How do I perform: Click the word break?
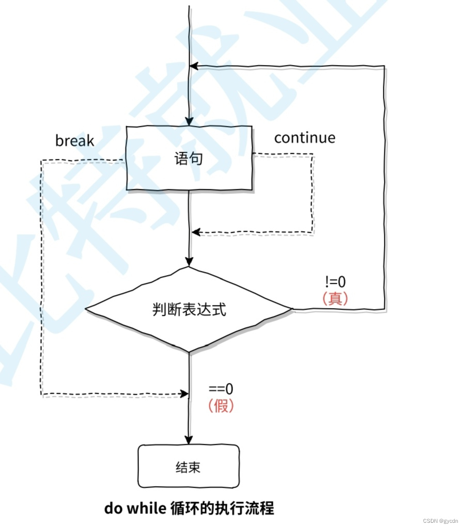(75, 140)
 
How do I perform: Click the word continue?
(304, 138)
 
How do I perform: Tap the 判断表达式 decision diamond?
(189, 310)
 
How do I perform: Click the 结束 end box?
(188, 467)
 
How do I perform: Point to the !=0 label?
(335, 282)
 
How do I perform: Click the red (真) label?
(335, 298)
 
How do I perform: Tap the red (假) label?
(221, 406)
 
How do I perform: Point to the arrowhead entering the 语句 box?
(190, 122)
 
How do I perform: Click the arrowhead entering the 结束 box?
(189, 440)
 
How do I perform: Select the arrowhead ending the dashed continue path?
(196, 233)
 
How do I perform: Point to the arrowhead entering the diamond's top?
(190, 263)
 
